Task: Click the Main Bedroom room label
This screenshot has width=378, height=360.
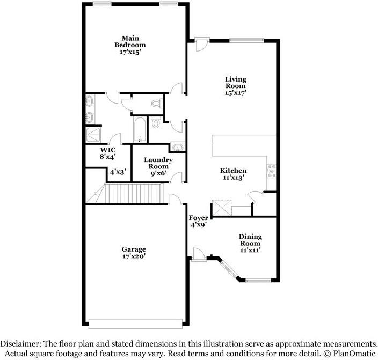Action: pos(130,41)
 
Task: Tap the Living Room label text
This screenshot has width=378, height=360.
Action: pos(236,83)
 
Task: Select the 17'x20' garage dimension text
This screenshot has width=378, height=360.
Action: pos(134,256)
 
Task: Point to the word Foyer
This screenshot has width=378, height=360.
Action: pos(198,218)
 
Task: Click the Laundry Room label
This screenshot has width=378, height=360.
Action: pos(158,163)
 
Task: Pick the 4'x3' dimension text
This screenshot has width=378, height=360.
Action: pos(118,172)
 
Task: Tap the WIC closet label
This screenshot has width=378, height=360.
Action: pos(108,150)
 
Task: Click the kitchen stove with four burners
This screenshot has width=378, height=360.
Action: pos(272,171)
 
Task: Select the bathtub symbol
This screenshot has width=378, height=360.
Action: pos(140,130)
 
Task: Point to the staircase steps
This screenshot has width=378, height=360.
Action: pos(134,194)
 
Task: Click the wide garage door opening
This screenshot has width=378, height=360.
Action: pos(135,324)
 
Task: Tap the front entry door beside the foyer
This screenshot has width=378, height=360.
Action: pos(199,255)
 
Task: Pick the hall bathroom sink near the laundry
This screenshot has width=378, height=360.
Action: pos(177,148)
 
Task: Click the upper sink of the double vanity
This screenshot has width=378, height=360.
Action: pos(90,100)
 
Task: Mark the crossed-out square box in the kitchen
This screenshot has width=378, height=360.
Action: pos(222,207)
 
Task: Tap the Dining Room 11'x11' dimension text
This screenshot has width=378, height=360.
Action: pos(250,250)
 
